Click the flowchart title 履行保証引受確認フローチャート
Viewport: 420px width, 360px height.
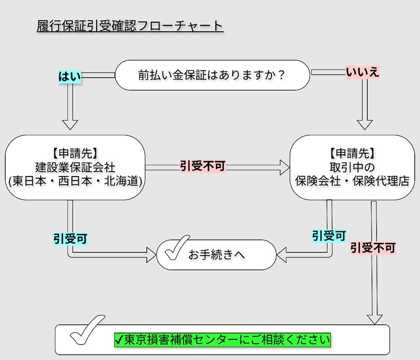(130, 26)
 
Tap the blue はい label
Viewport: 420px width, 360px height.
(70, 76)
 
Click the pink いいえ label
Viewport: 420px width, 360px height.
(363, 72)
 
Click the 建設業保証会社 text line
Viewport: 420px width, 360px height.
(75, 167)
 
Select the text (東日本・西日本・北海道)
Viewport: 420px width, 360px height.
(75, 181)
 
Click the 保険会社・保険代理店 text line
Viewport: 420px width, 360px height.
(352, 181)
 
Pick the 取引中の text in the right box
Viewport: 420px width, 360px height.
(352, 167)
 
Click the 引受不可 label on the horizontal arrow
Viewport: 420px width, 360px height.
(203, 166)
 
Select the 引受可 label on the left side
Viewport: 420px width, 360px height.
(70, 238)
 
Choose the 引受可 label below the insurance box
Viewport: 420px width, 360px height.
(329, 235)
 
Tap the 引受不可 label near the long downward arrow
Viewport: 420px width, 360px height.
(373, 248)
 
